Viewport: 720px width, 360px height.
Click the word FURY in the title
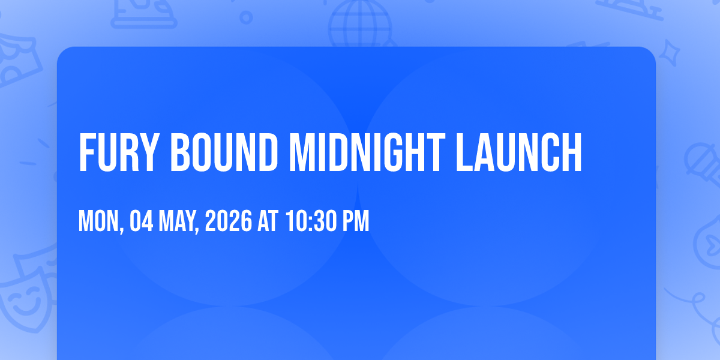pos(119,152)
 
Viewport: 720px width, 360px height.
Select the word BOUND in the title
pos(224,152)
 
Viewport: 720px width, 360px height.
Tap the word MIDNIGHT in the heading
pos(367,152)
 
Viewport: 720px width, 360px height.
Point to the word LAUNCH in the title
pos(519,152)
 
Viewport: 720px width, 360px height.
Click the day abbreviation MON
pos(98,221)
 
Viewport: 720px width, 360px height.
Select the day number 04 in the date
pos(142,221)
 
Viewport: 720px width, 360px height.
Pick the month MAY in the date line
pos(177,221)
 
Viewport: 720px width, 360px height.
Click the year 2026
pos(229,221)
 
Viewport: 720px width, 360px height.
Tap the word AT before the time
pos(268,221)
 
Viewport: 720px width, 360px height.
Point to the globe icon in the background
pos(361,24)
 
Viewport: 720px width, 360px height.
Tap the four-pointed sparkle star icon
pos(669,53)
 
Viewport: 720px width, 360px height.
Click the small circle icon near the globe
pos(246,17)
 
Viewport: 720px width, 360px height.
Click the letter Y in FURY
pos(150,152)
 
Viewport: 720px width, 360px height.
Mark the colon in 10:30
pos(311,223)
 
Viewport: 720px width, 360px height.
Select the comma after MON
pos(121,230)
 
